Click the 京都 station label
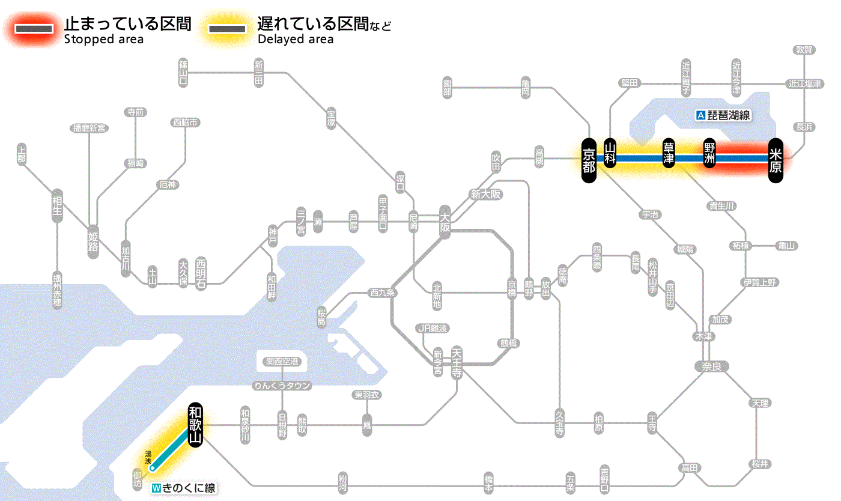(x=589, y=159)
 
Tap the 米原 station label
(x=776, y=159)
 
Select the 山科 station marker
(x=610, y=154)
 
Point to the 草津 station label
(x=669, y=153)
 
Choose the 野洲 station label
(x=710, y=154)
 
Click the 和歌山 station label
(x=195, y=424)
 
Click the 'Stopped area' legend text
(x=103, y=40)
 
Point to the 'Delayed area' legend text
(x=295, y=40)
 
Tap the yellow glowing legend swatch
(x=227, y=29)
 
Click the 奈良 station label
(x=711, y=366)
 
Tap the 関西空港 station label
(x=282, y=362)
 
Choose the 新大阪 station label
(x=485, y=195)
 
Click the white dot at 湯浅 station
(x=153, y=467)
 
